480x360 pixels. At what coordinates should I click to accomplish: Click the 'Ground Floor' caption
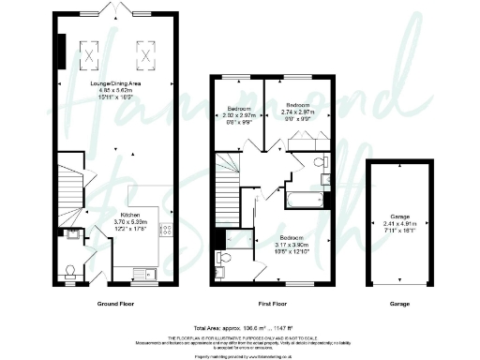119,306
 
